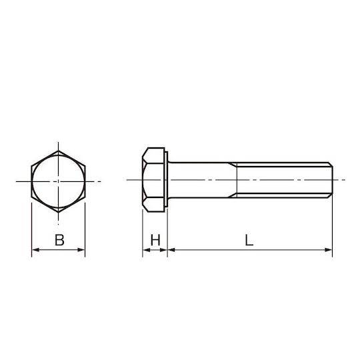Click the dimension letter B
tap(59, 240)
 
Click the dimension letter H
tap(155, 240)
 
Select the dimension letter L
tap(249, 240)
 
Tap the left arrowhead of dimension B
tap(35, 250)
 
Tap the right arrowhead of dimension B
tap(81, 250)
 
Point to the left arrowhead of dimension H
tap(147, 250)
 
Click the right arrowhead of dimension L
tap(329, 250)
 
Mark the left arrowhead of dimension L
tap(171, 250)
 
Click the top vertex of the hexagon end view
tap(58, 151)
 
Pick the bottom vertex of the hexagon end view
tap(58, 212)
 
